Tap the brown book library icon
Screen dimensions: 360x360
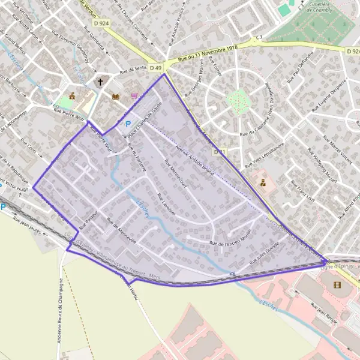(x=115, y=97)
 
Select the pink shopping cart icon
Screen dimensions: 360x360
(x=134, y=95)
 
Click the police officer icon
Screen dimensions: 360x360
(x=263, y=181)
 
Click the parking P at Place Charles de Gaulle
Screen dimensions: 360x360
(x=127, y=125)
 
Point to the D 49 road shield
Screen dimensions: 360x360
(x=156, y=68)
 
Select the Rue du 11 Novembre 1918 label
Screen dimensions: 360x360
(x=204, y=55)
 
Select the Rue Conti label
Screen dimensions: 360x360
(x=29, y=148)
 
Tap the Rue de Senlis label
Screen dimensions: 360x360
(x=133, y=70)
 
